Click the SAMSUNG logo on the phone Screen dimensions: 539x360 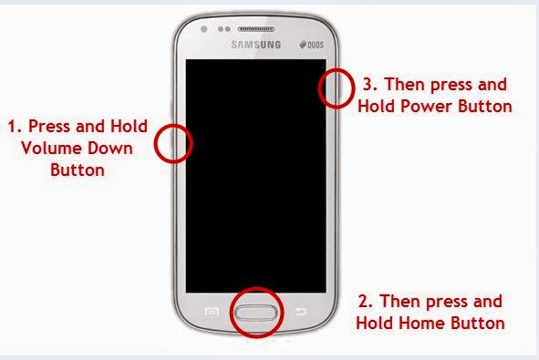[255, 45]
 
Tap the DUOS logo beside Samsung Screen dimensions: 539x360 [312, 45]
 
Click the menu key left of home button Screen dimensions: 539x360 [212, 312]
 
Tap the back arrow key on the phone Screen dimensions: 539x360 [301, 312]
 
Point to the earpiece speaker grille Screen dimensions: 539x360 [256, 29]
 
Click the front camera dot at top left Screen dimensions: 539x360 [204, 29]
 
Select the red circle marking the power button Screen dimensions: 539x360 [337, 88]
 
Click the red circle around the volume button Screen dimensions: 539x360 [173, 144]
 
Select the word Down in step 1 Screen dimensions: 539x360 [110, 148]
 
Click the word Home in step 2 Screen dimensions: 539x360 [421, 323]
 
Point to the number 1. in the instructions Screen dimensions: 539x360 [15, 127]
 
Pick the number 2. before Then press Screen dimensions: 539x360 [366, 302]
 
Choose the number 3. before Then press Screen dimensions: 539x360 [370, 84]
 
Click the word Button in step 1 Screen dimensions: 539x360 [78, 170]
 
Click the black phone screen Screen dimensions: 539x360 [256, 176]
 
